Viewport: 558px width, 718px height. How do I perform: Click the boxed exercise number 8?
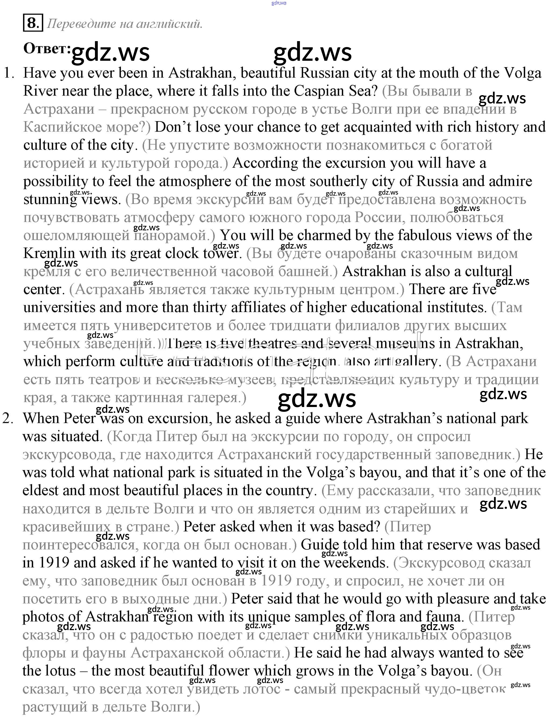pyautogui.click(x=33, y=23)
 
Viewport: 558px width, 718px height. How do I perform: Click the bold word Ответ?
pyautogui.click(x=46, y=49)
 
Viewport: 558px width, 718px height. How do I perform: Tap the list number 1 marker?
pyautogui.click(x=9, y=73)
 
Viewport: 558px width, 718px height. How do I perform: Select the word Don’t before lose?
pyautogui.click(x=173, y=127)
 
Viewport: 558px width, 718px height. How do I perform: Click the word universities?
pyautogui.click(x=59, y=307)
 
